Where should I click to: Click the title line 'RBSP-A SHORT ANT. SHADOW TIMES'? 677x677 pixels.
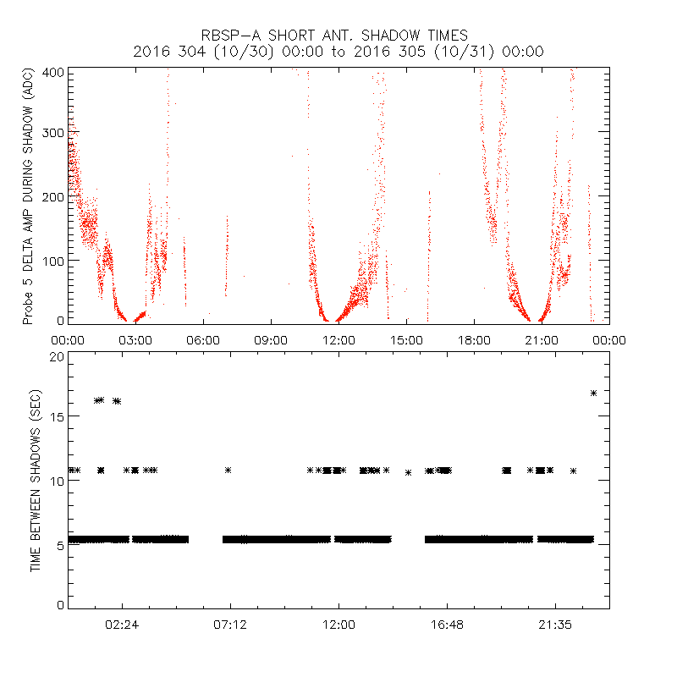pos(338,36)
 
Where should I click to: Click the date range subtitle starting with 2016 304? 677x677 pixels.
pos(338,52)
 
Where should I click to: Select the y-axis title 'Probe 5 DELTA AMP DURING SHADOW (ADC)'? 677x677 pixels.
pos(28,196)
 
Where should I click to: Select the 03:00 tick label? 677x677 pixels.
pos(135,339)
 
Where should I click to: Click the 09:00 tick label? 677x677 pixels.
pos(271,339)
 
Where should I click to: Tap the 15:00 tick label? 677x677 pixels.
pos(406,339)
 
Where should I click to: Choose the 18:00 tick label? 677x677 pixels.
pos(474,339)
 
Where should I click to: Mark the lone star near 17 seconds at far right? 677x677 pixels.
pos(594,393)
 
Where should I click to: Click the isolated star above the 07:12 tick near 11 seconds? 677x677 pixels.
pos(228,470)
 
